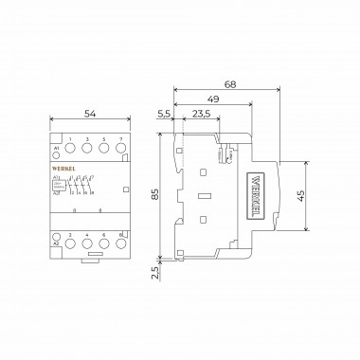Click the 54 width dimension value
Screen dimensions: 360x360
pyautogui.click(x=90, y=113)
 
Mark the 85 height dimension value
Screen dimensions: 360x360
pyautogui.click(x=153, y=198)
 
